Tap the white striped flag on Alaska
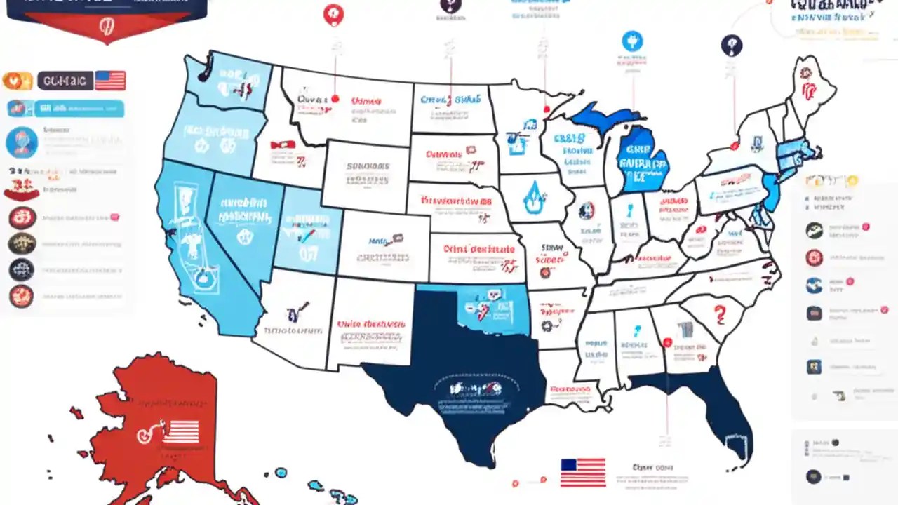[181, 431]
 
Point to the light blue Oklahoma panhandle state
[491, 309]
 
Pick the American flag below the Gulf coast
[583, 472]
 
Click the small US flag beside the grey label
[110, 80]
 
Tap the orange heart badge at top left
[18, 81]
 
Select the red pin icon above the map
[333, 15]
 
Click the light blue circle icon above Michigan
[632, 41]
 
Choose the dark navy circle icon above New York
[731, 46]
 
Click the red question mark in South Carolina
[718, 312]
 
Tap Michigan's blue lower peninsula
[642, 161]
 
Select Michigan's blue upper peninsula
[603, 116]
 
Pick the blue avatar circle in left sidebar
[21, 142]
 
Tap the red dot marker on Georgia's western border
[667, 343]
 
